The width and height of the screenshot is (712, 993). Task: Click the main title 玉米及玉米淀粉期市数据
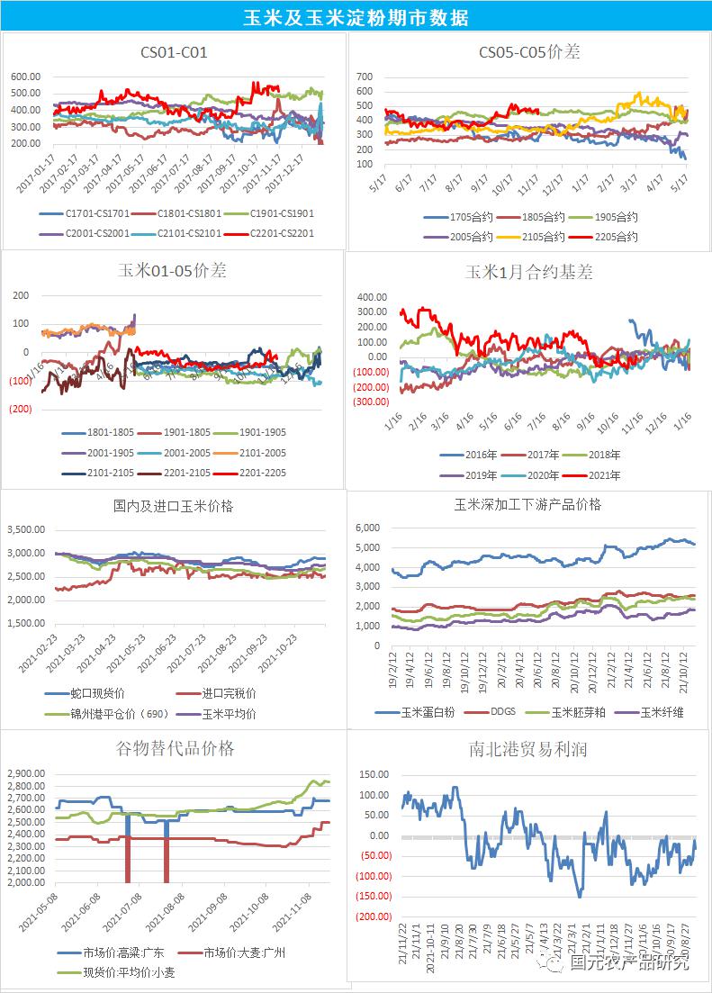(356, 17)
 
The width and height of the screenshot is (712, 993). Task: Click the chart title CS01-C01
(174, 52)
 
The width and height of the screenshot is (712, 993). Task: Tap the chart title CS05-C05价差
(528, 52)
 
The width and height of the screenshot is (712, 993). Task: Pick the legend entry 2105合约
(543, 237)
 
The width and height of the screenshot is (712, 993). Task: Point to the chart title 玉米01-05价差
(173, 270)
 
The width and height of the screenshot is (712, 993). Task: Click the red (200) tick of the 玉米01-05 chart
(20, 409)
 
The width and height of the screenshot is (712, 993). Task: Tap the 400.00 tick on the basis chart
(373, 296)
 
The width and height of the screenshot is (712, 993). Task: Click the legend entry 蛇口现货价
(98, 693)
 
